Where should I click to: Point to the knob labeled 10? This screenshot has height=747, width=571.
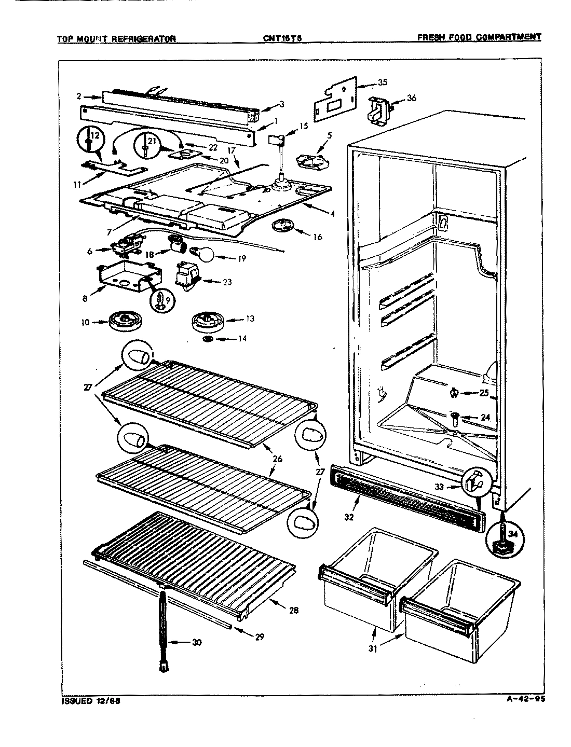[123, 321]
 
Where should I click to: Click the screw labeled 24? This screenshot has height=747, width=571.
[455, 416]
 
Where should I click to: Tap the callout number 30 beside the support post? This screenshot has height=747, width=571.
[196, 642]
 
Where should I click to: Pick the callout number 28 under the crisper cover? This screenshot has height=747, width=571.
[293, 610]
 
